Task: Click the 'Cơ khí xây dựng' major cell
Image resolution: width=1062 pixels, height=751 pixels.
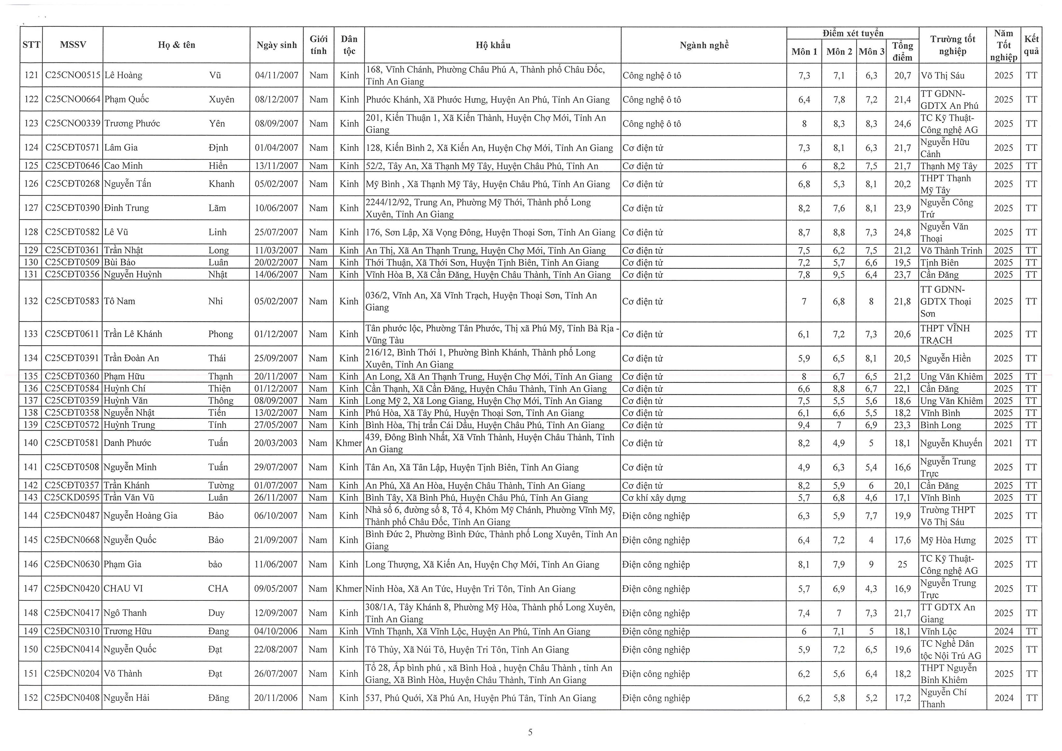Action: click(654, 498)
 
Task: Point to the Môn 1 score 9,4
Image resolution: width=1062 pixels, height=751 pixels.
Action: click(804, 425)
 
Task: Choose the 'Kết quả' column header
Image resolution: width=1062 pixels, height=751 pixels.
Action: click(1031, 45)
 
